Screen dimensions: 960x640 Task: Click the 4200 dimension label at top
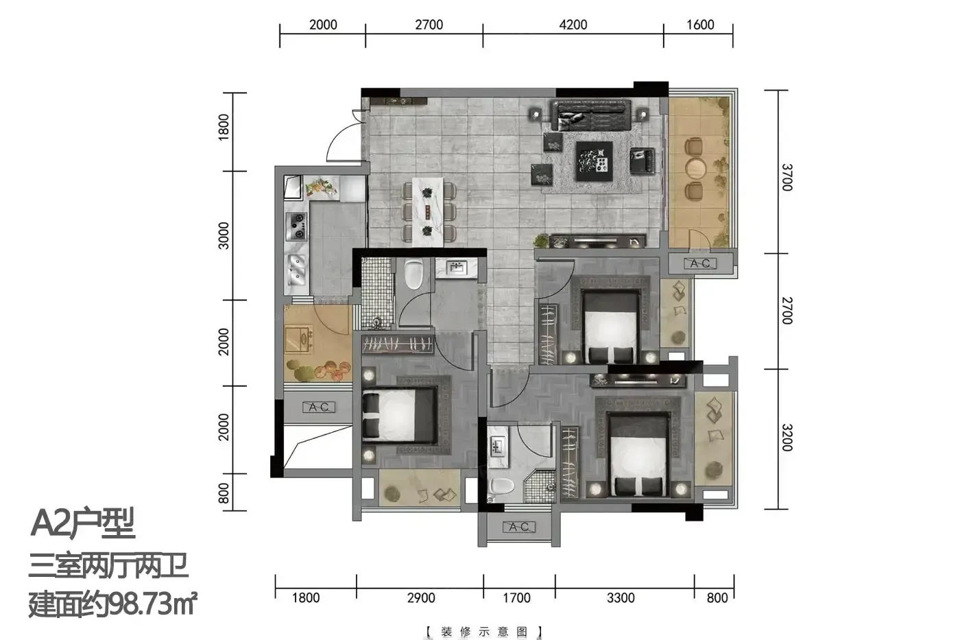coord(573,25)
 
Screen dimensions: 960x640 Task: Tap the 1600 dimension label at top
coord(700,25)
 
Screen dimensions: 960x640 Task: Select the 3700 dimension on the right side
coord(787,177)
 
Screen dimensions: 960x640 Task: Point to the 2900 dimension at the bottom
coord(421,597)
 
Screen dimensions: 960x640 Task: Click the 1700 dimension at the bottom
coord(516,597)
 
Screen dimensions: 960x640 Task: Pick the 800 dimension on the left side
coord(224,493)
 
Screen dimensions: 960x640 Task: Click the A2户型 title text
coord(83,523)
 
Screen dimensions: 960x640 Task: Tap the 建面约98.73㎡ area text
coord(112,604)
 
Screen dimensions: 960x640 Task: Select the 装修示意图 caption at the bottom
coord(484,631)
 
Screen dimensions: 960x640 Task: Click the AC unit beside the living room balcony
coord(700,263)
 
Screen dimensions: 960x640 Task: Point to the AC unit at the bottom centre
coord(518,526)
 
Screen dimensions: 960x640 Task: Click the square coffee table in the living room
coord(595,161)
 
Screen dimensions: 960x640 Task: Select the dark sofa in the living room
coord(591,115)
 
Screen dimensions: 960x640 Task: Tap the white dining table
coord(428,212)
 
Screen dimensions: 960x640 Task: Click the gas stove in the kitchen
coord(296,226)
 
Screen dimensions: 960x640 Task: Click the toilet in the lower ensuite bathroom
coord(501,486)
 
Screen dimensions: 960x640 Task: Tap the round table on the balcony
coord(695,169)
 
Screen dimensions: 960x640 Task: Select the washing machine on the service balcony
coord(299,340)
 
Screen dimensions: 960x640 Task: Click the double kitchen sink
coord(296,269)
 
